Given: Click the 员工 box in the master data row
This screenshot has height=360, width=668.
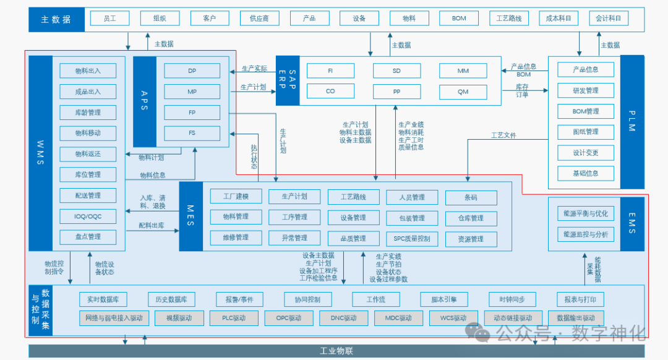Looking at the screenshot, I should [x=110, y=18].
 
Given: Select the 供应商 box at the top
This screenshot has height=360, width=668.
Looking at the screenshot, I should [x=259, y=18].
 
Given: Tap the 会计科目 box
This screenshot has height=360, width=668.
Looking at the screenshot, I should [x=608, y=18].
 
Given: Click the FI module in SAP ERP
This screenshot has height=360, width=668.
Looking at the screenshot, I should [x=330, y=71].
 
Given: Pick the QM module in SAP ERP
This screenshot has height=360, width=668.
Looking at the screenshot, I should [x=463, y=92].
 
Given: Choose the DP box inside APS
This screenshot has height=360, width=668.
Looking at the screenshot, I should [x=192, y=71].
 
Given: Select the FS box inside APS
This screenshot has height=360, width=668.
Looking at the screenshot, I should [x=192, y=133].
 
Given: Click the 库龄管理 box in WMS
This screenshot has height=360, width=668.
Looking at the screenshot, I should [x=88, y=113].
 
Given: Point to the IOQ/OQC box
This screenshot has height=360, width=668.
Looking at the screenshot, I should [x=88, y=216].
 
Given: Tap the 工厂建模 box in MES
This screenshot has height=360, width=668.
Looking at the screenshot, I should [x=229, y=197].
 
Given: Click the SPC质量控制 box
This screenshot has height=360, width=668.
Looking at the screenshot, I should [x=411, y=238].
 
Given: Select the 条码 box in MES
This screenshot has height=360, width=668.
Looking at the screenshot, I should [x=471, y=197].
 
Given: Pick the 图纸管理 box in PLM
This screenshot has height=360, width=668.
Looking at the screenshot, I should [x=586, y=132].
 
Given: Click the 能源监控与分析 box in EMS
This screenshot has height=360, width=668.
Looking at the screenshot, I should [x=586, y=234].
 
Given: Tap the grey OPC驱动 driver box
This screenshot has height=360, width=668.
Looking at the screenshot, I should [x=284, y=318].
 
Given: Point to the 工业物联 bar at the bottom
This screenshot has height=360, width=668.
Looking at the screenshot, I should [x=336, y=351].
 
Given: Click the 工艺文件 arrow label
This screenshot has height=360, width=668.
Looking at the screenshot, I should [x=503, y=135].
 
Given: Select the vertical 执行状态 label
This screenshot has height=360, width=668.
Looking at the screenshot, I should [x=254, y=156].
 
